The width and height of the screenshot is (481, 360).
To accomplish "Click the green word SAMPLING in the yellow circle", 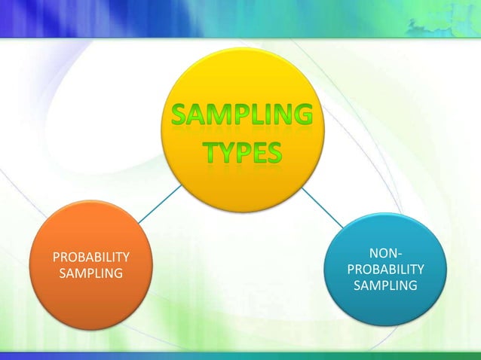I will (x=239, y=117).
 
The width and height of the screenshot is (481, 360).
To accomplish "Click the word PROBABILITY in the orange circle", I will (x=90, y=257).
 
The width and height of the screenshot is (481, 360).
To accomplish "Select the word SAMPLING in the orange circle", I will (x=90, y=272).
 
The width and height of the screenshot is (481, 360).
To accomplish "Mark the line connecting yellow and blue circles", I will (x=322, y=206).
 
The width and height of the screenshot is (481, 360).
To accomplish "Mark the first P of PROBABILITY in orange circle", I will (x=56, y=257).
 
